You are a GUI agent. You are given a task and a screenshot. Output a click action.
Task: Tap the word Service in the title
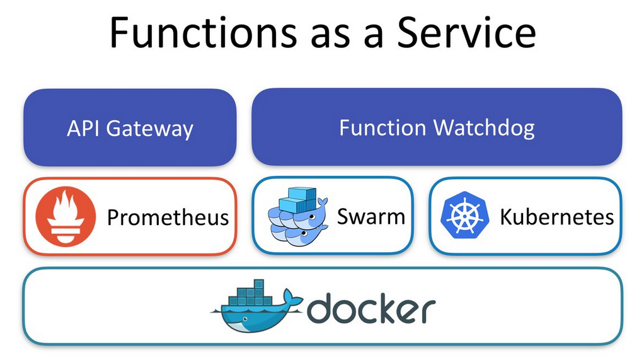(x=468, y=33)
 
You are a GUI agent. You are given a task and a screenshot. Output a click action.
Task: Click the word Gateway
(x=150, y=129)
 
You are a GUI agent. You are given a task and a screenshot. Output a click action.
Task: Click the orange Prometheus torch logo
(x=66, y=216)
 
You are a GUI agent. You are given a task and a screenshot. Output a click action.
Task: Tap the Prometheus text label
(x=168, y=217)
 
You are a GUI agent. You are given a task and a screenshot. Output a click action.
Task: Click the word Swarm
(x=371, y=216)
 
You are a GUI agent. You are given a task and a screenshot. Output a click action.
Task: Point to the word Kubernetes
(x=556, y=217)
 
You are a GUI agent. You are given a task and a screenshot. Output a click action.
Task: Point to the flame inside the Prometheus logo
(x=66, y=207)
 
